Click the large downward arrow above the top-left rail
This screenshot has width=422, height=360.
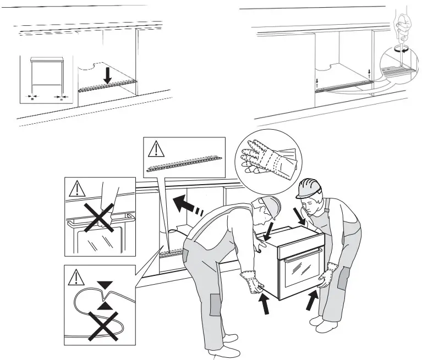(108, 76)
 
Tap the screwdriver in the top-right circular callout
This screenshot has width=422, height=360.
(402, 27)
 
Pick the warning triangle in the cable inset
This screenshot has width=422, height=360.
(75, 278)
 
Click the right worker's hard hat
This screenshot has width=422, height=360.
(309, 187)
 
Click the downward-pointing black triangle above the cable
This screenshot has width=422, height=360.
(105, 285)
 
